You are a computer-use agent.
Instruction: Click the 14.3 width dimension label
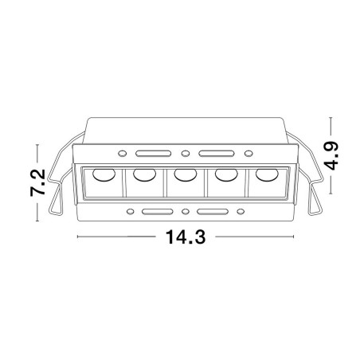tap(186, 237)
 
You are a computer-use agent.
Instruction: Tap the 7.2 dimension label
tap(37, 182)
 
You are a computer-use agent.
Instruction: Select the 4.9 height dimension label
tap(331, 155)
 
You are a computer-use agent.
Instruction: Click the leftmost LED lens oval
tap(104, 174)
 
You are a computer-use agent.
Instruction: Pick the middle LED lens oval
tap(186, 174)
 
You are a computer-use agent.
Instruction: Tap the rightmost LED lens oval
tap(267, 174)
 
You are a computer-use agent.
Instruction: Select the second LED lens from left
tap(144, 174)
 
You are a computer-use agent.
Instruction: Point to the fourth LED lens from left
tap(226, 174)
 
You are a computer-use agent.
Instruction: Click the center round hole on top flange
tap(186, 154)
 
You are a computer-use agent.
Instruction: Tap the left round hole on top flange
tap(122, 154)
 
